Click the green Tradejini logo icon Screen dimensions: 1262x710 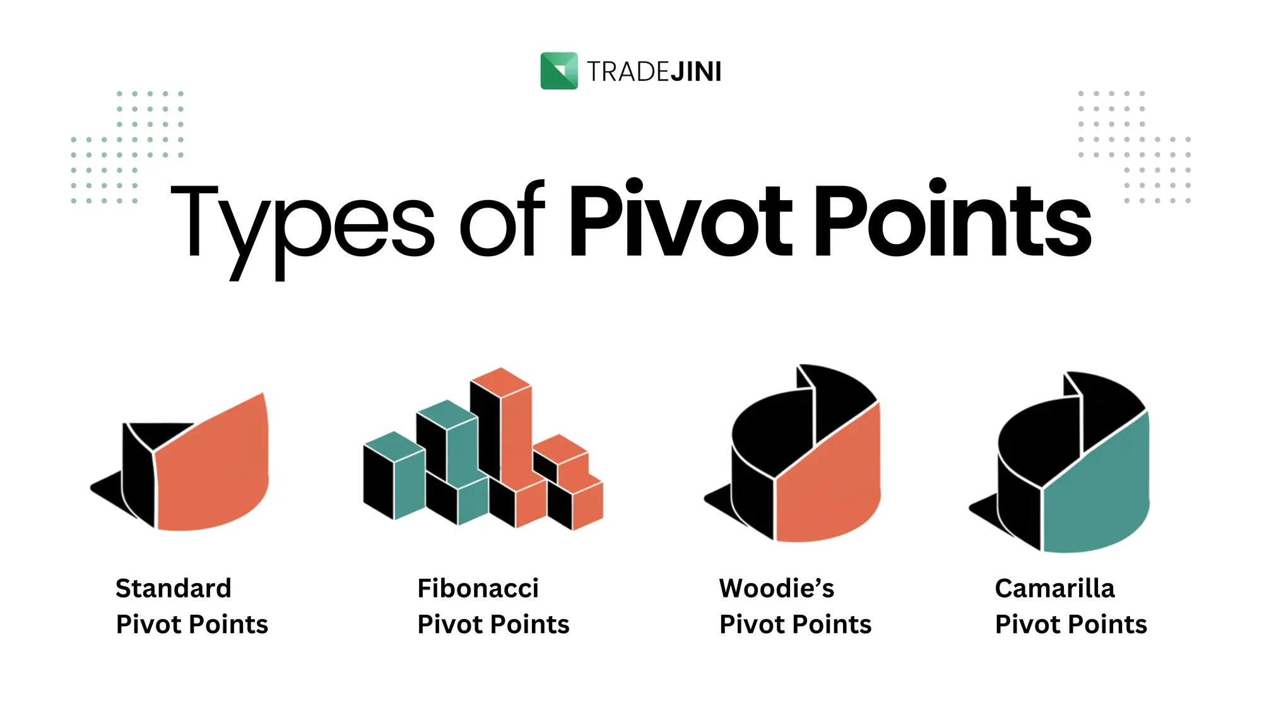[x=559, y=71]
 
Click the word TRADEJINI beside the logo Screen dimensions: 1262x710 [x=654, y=72]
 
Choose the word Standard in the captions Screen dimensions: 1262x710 [x=174, y=588]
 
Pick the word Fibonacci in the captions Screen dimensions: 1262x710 [x=478, y=588]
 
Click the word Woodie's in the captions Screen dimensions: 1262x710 [x=777, y=588]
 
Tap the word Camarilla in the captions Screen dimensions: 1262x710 [x=1055, y=588]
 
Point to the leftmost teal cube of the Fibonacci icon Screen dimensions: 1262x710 [x=394, y=475]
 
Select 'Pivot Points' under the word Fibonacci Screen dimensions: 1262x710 [x=493, y=625]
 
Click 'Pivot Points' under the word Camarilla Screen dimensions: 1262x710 [x=1071, y=625]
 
